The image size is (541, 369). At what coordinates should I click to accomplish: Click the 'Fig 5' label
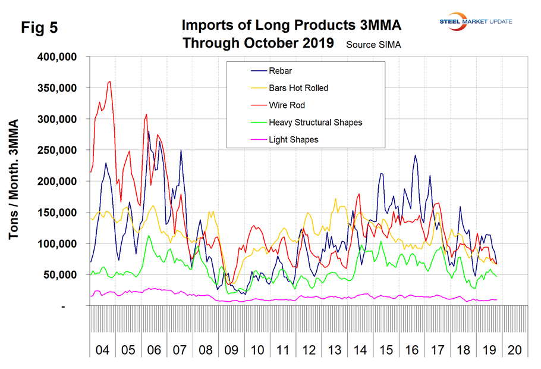pyautogui.click(x=39, y=28)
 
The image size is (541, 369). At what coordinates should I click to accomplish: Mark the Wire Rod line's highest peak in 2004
pyautogui.click(x=110, y=82)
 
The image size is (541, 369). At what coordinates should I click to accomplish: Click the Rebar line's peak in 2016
pyautogui.click(x=416, y=155)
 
